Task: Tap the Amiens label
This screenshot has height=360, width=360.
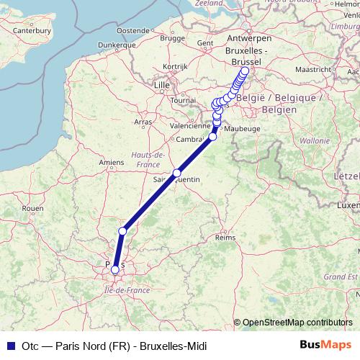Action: (x=112, y=163)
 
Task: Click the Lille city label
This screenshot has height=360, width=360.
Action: (x=161, y=85)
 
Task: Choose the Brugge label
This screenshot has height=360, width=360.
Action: (x=173, y=37)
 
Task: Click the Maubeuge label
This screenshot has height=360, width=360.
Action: (x=242, y=129)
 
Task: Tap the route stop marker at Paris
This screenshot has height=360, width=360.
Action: (x=115, y=270)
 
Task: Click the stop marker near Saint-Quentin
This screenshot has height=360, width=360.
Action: (x=176, y=173)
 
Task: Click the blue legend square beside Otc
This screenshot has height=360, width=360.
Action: (x=10, y=345)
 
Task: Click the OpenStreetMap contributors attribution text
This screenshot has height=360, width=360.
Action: (x=297, y=322)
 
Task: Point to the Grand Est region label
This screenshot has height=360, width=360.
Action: (x=335, y=276)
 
